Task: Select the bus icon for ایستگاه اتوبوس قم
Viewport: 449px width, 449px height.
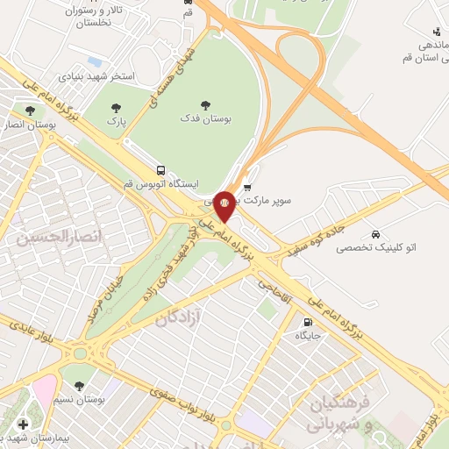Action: (160, 170)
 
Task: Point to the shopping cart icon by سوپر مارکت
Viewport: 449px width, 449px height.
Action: (248, 187)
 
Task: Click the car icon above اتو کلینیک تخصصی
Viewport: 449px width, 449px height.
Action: (375, 235)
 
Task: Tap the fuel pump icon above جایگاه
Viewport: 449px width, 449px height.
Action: (307, 322)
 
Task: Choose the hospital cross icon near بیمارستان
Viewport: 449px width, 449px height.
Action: (23, 424)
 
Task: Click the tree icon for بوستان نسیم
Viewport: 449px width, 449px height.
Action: (79, 385)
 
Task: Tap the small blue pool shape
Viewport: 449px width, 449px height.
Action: (94, 61)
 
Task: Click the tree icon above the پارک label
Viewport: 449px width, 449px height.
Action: (115, 109)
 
